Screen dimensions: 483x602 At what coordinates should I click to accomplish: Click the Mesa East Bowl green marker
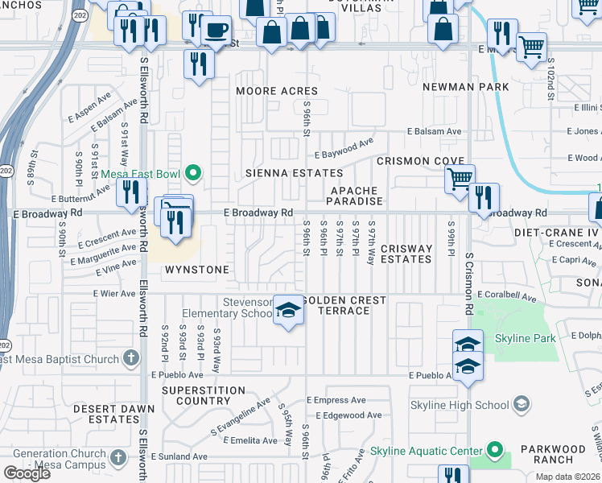(193, 172)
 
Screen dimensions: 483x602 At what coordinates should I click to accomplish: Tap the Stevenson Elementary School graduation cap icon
(287, 310)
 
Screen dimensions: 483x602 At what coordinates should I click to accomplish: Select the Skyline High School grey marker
(522, 404)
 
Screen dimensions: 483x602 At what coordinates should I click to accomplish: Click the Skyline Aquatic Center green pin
(495, 451)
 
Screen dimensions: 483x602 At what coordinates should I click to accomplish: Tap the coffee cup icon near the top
(215, 30)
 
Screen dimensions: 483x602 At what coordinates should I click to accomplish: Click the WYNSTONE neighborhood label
(197, 270)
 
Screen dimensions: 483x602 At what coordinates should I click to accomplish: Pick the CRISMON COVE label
(421, 161)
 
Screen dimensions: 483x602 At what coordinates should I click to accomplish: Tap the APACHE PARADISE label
(354, 196)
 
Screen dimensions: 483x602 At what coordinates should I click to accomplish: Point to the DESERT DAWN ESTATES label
(106, 414)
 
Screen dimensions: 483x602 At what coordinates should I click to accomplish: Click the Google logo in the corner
(27, 473)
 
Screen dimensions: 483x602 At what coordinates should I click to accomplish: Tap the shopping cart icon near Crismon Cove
(460, 178)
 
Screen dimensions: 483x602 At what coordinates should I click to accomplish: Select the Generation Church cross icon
(118, 458)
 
